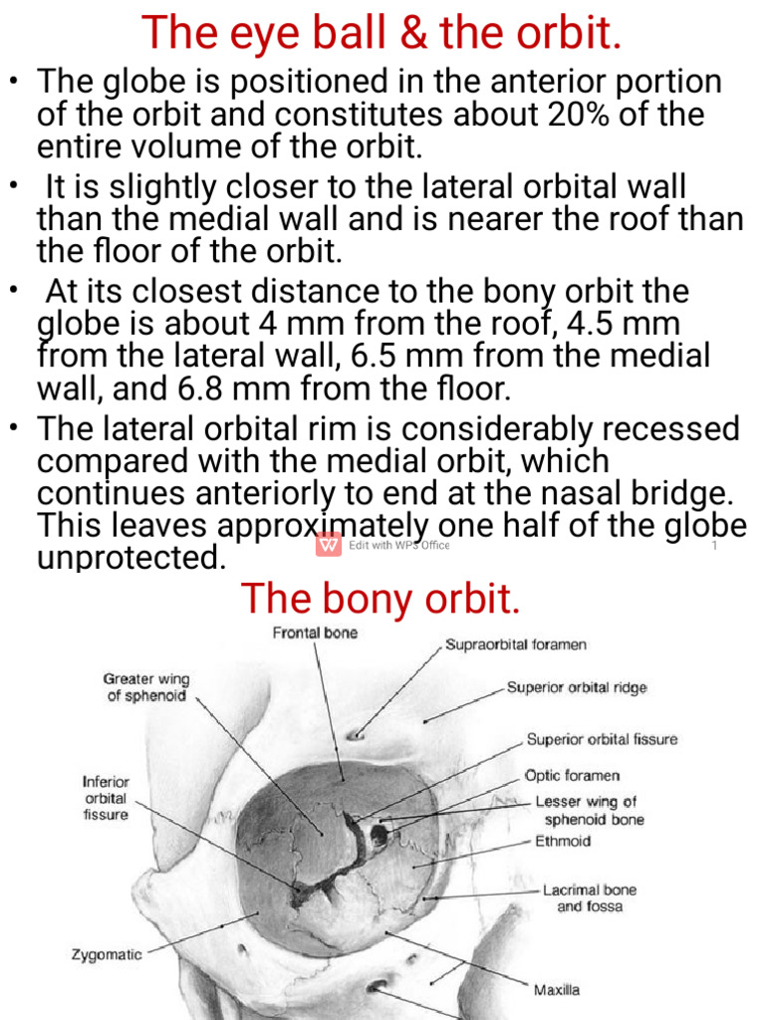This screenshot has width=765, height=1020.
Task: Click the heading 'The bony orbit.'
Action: click(382, 599)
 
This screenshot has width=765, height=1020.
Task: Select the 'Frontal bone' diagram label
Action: click(315, 633)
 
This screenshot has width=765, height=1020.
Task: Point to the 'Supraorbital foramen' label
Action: click(515, 644)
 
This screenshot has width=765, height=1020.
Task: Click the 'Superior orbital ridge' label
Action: click(577, 687)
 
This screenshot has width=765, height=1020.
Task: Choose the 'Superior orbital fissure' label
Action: click(602, 739)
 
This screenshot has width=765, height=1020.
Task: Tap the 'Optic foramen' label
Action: click(572, 775)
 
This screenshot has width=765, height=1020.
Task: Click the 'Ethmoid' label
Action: click(563, 842)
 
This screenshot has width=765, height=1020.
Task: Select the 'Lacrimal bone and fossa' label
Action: click(590, 897)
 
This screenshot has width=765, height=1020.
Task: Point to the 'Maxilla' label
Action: click(557, 990)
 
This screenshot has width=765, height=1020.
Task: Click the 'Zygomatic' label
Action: click(107, 954)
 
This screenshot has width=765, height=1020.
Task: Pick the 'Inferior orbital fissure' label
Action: click(106, 798)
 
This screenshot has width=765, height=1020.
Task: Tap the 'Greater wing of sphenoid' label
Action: click(146, 687)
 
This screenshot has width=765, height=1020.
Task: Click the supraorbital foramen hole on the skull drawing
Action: click(354, 735)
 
